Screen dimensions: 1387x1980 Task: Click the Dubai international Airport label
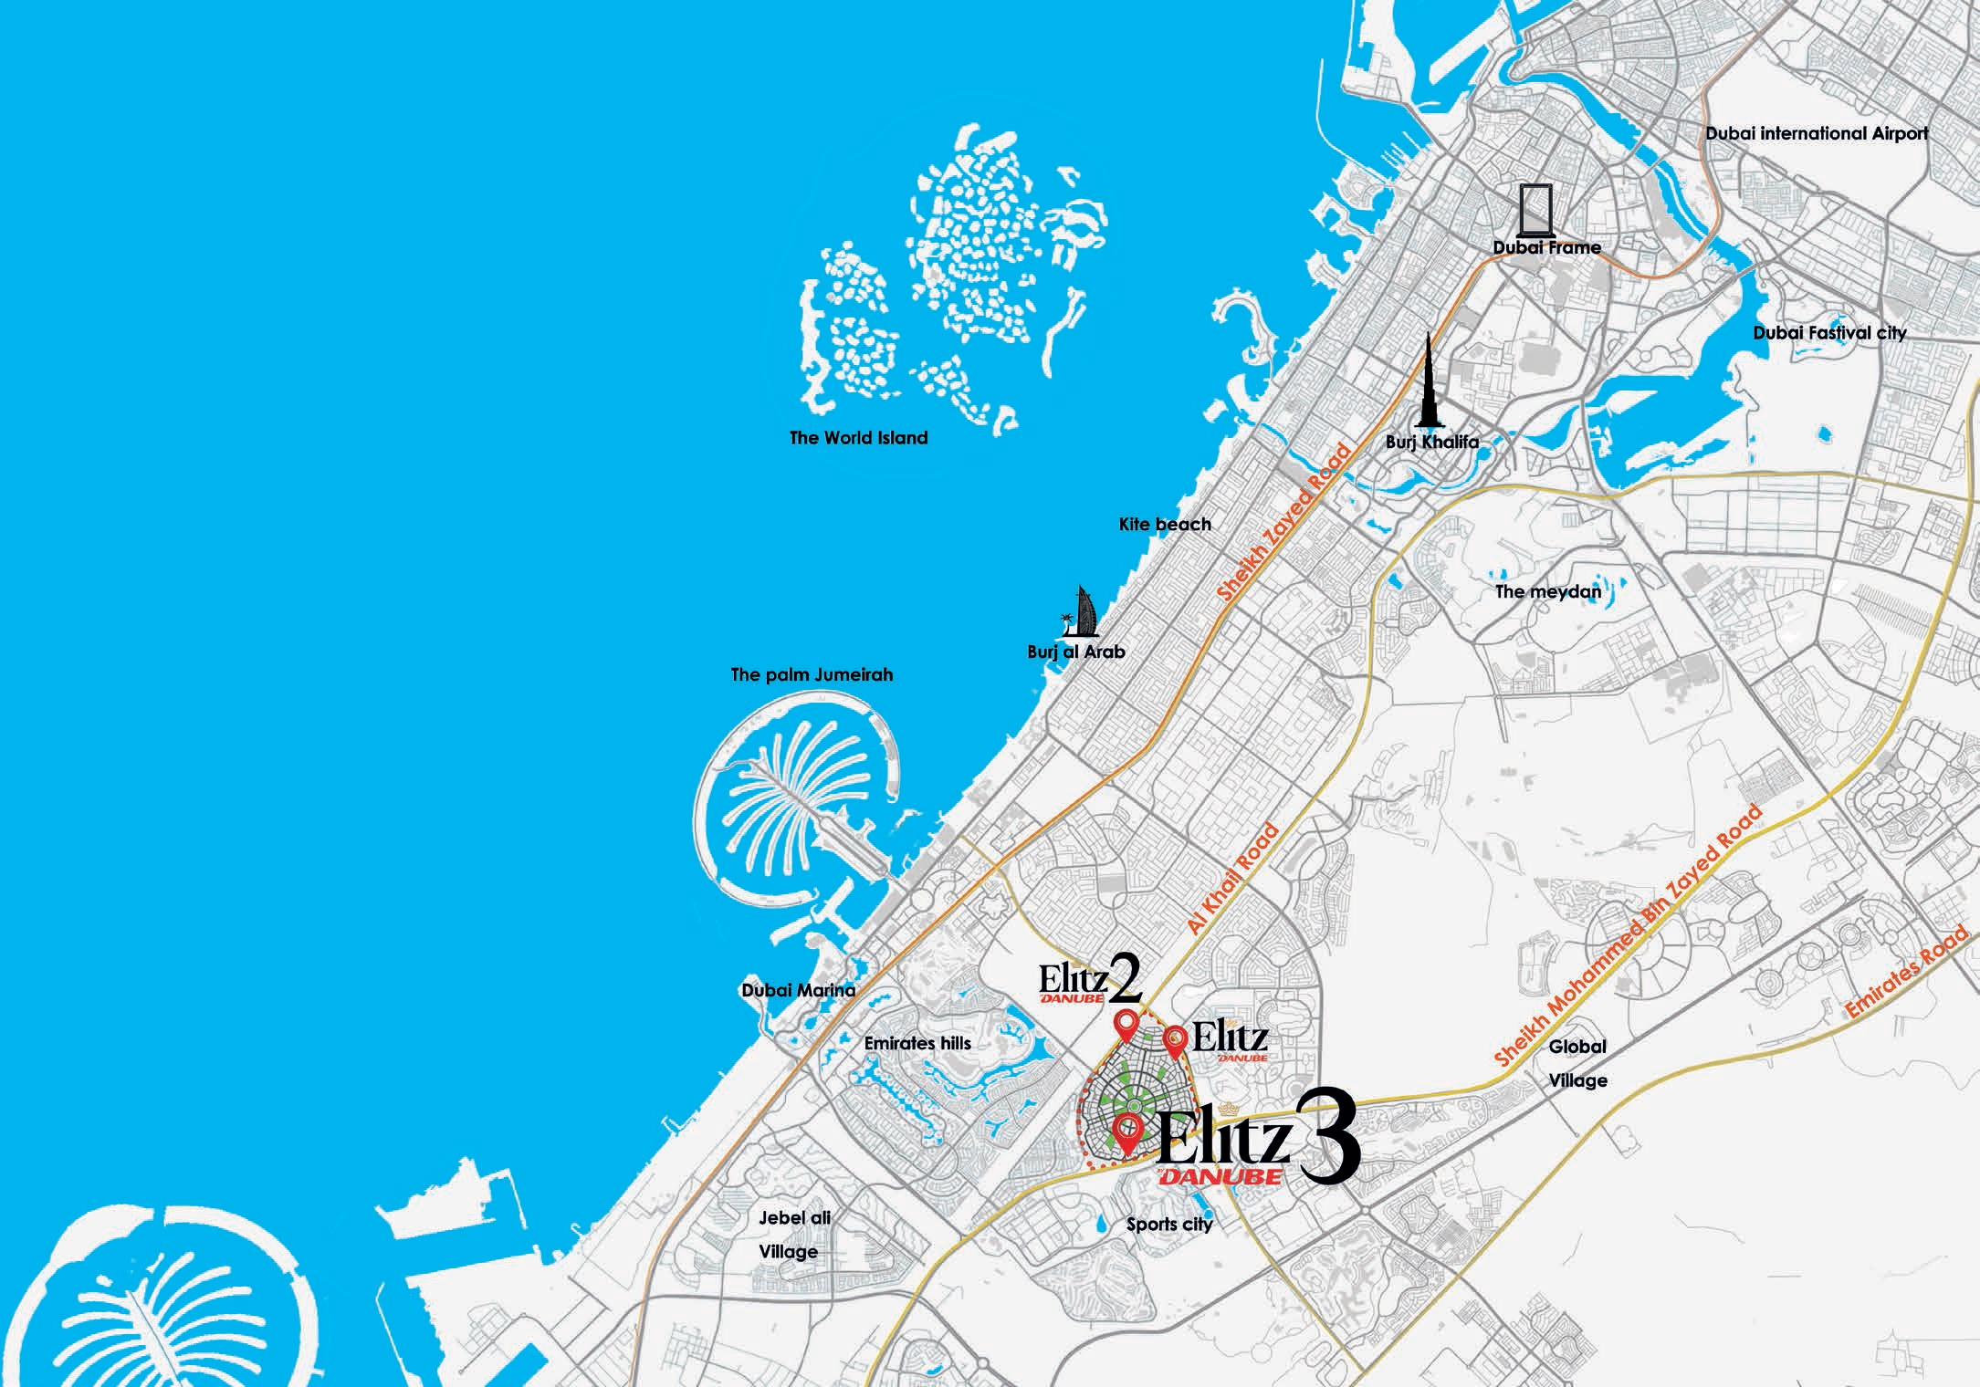pyautogui.click(x=1817, y=133)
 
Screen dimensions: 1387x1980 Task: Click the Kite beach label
pyautogui.click(x=1165, y=525)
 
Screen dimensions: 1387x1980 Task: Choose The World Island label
pyautogui.click(x=858, y=438)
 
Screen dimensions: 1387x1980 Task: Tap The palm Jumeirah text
pyautogui.click(x=812, y=675)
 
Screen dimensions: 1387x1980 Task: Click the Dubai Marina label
pyautogui.click(x=798, y=990)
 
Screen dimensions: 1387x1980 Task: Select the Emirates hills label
pyautogui.click(x=917, y=1043)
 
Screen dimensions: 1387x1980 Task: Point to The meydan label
pyautogui.click(x=1548, y=591)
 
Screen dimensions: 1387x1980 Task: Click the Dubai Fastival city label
pyautogui.click(x=1829, y=333)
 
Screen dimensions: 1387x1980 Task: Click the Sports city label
pyautogui.click(x=1169, y=1225)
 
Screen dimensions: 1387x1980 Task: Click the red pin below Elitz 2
pyautogui.click(x=1128, y=1026)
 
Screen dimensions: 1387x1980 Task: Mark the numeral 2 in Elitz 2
pyautogui.click(x=1126, y=979)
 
